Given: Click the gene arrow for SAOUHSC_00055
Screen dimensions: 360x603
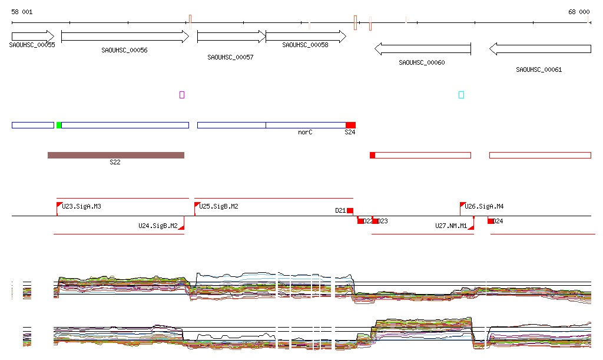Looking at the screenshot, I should point(32,36).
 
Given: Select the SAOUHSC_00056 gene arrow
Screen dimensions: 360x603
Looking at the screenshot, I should point(124,36).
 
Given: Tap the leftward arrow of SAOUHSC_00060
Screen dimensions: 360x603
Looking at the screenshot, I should point(422,49).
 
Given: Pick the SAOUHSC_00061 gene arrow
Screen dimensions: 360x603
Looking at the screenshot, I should point(539,49).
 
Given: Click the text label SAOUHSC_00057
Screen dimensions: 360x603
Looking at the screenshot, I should point(230,58).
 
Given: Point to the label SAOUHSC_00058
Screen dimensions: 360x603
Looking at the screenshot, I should point(305,45).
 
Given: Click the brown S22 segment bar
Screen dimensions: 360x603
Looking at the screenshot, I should point(116,155).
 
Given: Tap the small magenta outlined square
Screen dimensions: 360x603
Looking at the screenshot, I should point(182,95).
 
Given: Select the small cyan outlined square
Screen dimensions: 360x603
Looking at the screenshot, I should point(461,95).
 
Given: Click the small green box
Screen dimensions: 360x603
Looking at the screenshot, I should point(59,125).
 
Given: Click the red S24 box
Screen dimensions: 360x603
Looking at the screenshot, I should point(350,125).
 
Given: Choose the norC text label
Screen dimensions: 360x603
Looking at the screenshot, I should point(305,133).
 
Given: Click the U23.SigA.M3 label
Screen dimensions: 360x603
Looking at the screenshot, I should point(81,207).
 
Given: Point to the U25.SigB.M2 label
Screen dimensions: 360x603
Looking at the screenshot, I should point(218,207).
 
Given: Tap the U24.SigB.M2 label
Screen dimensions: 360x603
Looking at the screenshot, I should point(158,226).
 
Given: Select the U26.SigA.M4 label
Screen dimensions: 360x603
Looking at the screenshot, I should point(484,207).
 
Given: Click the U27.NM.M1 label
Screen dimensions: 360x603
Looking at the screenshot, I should point(451,226).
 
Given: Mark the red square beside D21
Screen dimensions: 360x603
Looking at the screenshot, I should point(350,211).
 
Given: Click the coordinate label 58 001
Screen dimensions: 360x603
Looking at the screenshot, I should point(22,12).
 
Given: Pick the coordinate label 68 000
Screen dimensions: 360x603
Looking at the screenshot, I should point(579,12).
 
